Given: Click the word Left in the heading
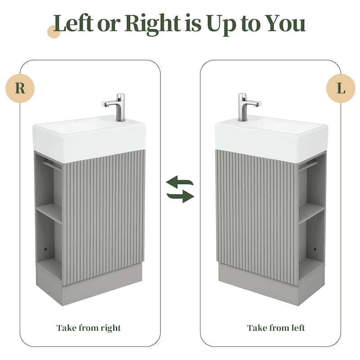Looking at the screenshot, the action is click(73, 23).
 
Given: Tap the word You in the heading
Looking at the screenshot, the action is click(285, 24).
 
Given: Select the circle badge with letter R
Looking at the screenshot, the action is click(20, 88).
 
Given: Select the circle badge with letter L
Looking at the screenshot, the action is click(341, 88).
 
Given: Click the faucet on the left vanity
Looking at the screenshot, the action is click(116, 106).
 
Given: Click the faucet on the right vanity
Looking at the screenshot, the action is click(247, 106).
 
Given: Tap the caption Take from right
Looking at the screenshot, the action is click(89, 328).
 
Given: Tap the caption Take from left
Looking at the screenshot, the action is click(276, 328).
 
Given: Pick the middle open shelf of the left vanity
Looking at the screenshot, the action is click(49, 212).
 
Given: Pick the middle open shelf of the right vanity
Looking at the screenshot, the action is click(311, 212).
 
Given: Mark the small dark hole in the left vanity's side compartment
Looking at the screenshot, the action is click(45, 249).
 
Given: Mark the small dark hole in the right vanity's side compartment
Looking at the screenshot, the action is click(315, 249).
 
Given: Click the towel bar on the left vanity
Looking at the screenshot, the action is click(52, 165).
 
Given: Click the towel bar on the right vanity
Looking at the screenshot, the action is click(308, 165).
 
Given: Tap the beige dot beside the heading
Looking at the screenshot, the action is click(54, 32).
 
